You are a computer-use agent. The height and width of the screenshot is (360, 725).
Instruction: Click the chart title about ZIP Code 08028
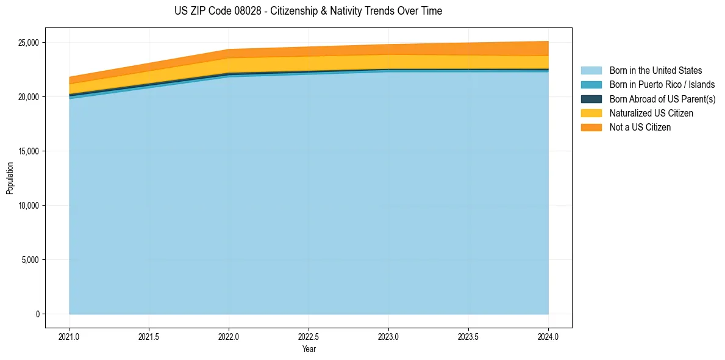(x=308, y=11)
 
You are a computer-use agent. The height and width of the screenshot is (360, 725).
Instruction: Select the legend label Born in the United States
(x=655, y=71)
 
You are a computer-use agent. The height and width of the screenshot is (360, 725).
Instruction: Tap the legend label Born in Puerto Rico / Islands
(x=662, y=85)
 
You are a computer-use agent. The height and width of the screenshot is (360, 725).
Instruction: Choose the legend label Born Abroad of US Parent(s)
(x=662, y=99)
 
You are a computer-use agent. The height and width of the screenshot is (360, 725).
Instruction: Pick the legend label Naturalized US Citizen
(x=651, y=113)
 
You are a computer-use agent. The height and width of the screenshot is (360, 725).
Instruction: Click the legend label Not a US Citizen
(x=640, y=128)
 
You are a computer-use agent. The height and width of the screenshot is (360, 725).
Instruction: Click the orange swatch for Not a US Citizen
(x=591, y=128)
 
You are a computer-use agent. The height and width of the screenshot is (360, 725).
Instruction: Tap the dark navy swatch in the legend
(x=591, y=99)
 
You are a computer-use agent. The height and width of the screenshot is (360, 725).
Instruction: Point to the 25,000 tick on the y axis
(x=28, y=43)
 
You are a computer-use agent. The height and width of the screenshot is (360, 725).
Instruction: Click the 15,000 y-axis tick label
(x=28, y=151)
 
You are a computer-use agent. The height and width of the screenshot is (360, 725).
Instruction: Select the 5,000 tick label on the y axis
(x=30, y=260)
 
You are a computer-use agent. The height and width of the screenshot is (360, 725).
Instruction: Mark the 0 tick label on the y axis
(x=37, y=314)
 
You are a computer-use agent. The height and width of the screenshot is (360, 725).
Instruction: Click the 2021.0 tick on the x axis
(x=70, y=336)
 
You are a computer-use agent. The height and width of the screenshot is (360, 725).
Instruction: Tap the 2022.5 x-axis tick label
(x=309, y=336)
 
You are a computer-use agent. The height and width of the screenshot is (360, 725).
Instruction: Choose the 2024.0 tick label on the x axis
(x=548, y=336)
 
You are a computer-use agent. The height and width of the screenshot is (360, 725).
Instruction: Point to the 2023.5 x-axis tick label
(x=468, y=336)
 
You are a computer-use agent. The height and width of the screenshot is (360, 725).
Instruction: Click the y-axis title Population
(x=10, y=178)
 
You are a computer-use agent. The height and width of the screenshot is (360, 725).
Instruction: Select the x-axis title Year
(x=309, y=350)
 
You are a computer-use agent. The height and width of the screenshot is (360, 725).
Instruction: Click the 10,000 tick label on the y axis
(x=28, y=206)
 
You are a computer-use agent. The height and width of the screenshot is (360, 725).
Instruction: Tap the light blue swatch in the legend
(x=591, y=71)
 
